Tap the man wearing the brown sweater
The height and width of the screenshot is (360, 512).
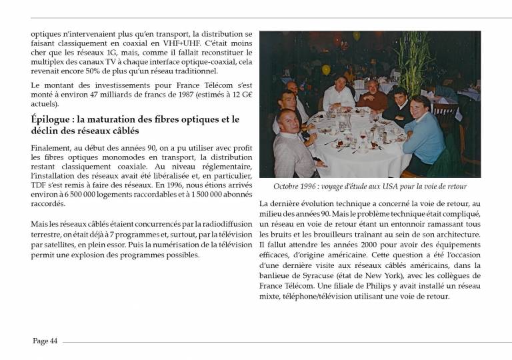pyautogui.click(x=373, y=97)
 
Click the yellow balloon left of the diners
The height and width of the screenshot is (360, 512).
pyautogui.click(x=326, y=69)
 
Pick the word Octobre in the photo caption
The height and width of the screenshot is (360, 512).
pyautogui.click(x=288, y=187)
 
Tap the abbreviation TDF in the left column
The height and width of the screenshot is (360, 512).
pyautogui.click(x=41, y=186)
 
